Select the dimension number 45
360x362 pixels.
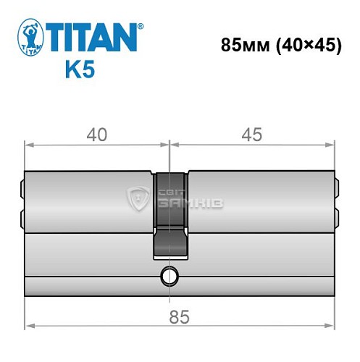(x=252, y=135)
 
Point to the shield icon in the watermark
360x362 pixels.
(x=138, y=196)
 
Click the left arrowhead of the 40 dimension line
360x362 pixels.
(x=29, y=143)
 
